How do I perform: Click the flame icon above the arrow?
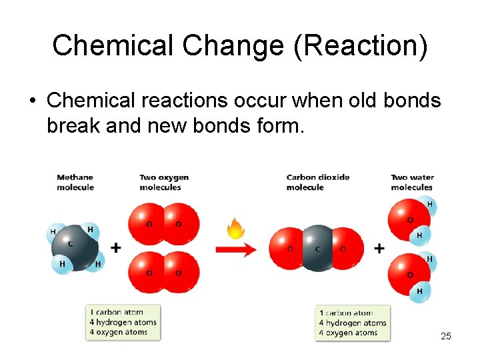tap(235, 229)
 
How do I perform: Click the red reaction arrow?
tap(236, 250)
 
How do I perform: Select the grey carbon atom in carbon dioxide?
tap(317, 249)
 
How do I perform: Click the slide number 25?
tap(446, 336)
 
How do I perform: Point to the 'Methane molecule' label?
tap(75, 182)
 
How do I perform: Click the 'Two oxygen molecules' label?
tap(164, 182)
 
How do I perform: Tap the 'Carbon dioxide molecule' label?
tap(317, 182)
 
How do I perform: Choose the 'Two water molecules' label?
tap(411, 182)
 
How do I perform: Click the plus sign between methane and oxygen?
tap(116, 248)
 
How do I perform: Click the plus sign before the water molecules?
tap(379, 248)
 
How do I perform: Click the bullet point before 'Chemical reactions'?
tap(31, 101)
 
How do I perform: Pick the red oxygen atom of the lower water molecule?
tap(408, 274)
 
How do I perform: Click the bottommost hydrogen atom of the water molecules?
tap(420, 291)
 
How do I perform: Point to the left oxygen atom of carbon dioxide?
tap(288, 249)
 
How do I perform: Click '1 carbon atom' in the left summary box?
tap(117, 312)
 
